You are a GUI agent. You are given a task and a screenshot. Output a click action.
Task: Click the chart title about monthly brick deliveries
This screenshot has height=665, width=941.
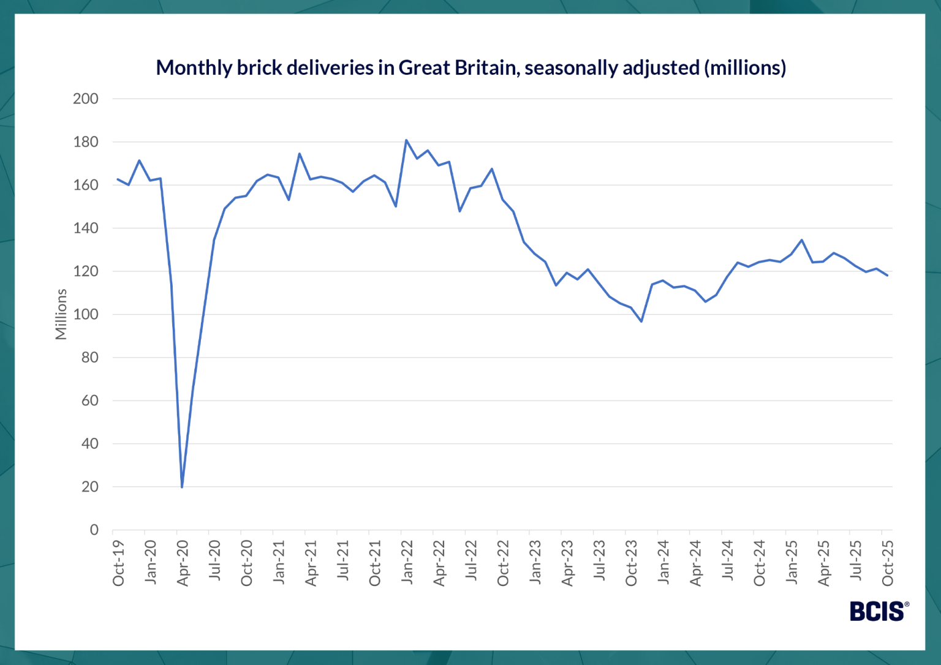point(470,67)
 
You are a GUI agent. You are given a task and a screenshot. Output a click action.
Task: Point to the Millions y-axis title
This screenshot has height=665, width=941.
point(61,314)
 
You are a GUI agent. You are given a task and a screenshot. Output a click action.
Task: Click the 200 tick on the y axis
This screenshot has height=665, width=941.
point(86,99)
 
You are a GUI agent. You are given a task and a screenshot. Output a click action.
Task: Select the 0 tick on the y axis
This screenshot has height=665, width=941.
point(94,530)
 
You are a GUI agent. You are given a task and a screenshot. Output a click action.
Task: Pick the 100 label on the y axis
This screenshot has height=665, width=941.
point(86,314)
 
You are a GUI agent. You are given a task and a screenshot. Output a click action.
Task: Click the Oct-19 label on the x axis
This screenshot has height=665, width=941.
point(118,563)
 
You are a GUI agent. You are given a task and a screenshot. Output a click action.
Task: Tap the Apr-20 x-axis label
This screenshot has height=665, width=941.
point(183,563)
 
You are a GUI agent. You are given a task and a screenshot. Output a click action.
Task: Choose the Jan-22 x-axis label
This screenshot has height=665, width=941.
point(407,563)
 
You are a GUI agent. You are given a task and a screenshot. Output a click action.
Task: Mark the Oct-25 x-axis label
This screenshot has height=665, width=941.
point(888,563)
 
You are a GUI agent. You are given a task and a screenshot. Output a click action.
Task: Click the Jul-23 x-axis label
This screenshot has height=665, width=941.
point(599,562)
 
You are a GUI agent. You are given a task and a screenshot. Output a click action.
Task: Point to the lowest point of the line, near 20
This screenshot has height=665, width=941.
point(182,487)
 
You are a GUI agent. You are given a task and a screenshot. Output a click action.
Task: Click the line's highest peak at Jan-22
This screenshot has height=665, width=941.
point(406,140)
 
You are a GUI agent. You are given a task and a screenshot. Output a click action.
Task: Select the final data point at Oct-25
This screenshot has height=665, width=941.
point(887,276)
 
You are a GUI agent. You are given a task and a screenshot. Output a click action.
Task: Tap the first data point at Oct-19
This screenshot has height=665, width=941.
point(118,179)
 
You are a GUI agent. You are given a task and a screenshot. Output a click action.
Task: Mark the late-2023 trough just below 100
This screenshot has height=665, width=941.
point(641,321)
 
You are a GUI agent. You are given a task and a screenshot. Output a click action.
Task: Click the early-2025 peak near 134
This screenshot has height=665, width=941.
point(802,240)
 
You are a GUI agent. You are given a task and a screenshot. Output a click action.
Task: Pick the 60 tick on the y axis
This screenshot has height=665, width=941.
point(89,400)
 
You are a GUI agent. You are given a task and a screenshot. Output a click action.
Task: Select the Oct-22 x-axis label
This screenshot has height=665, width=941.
point(503,563)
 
